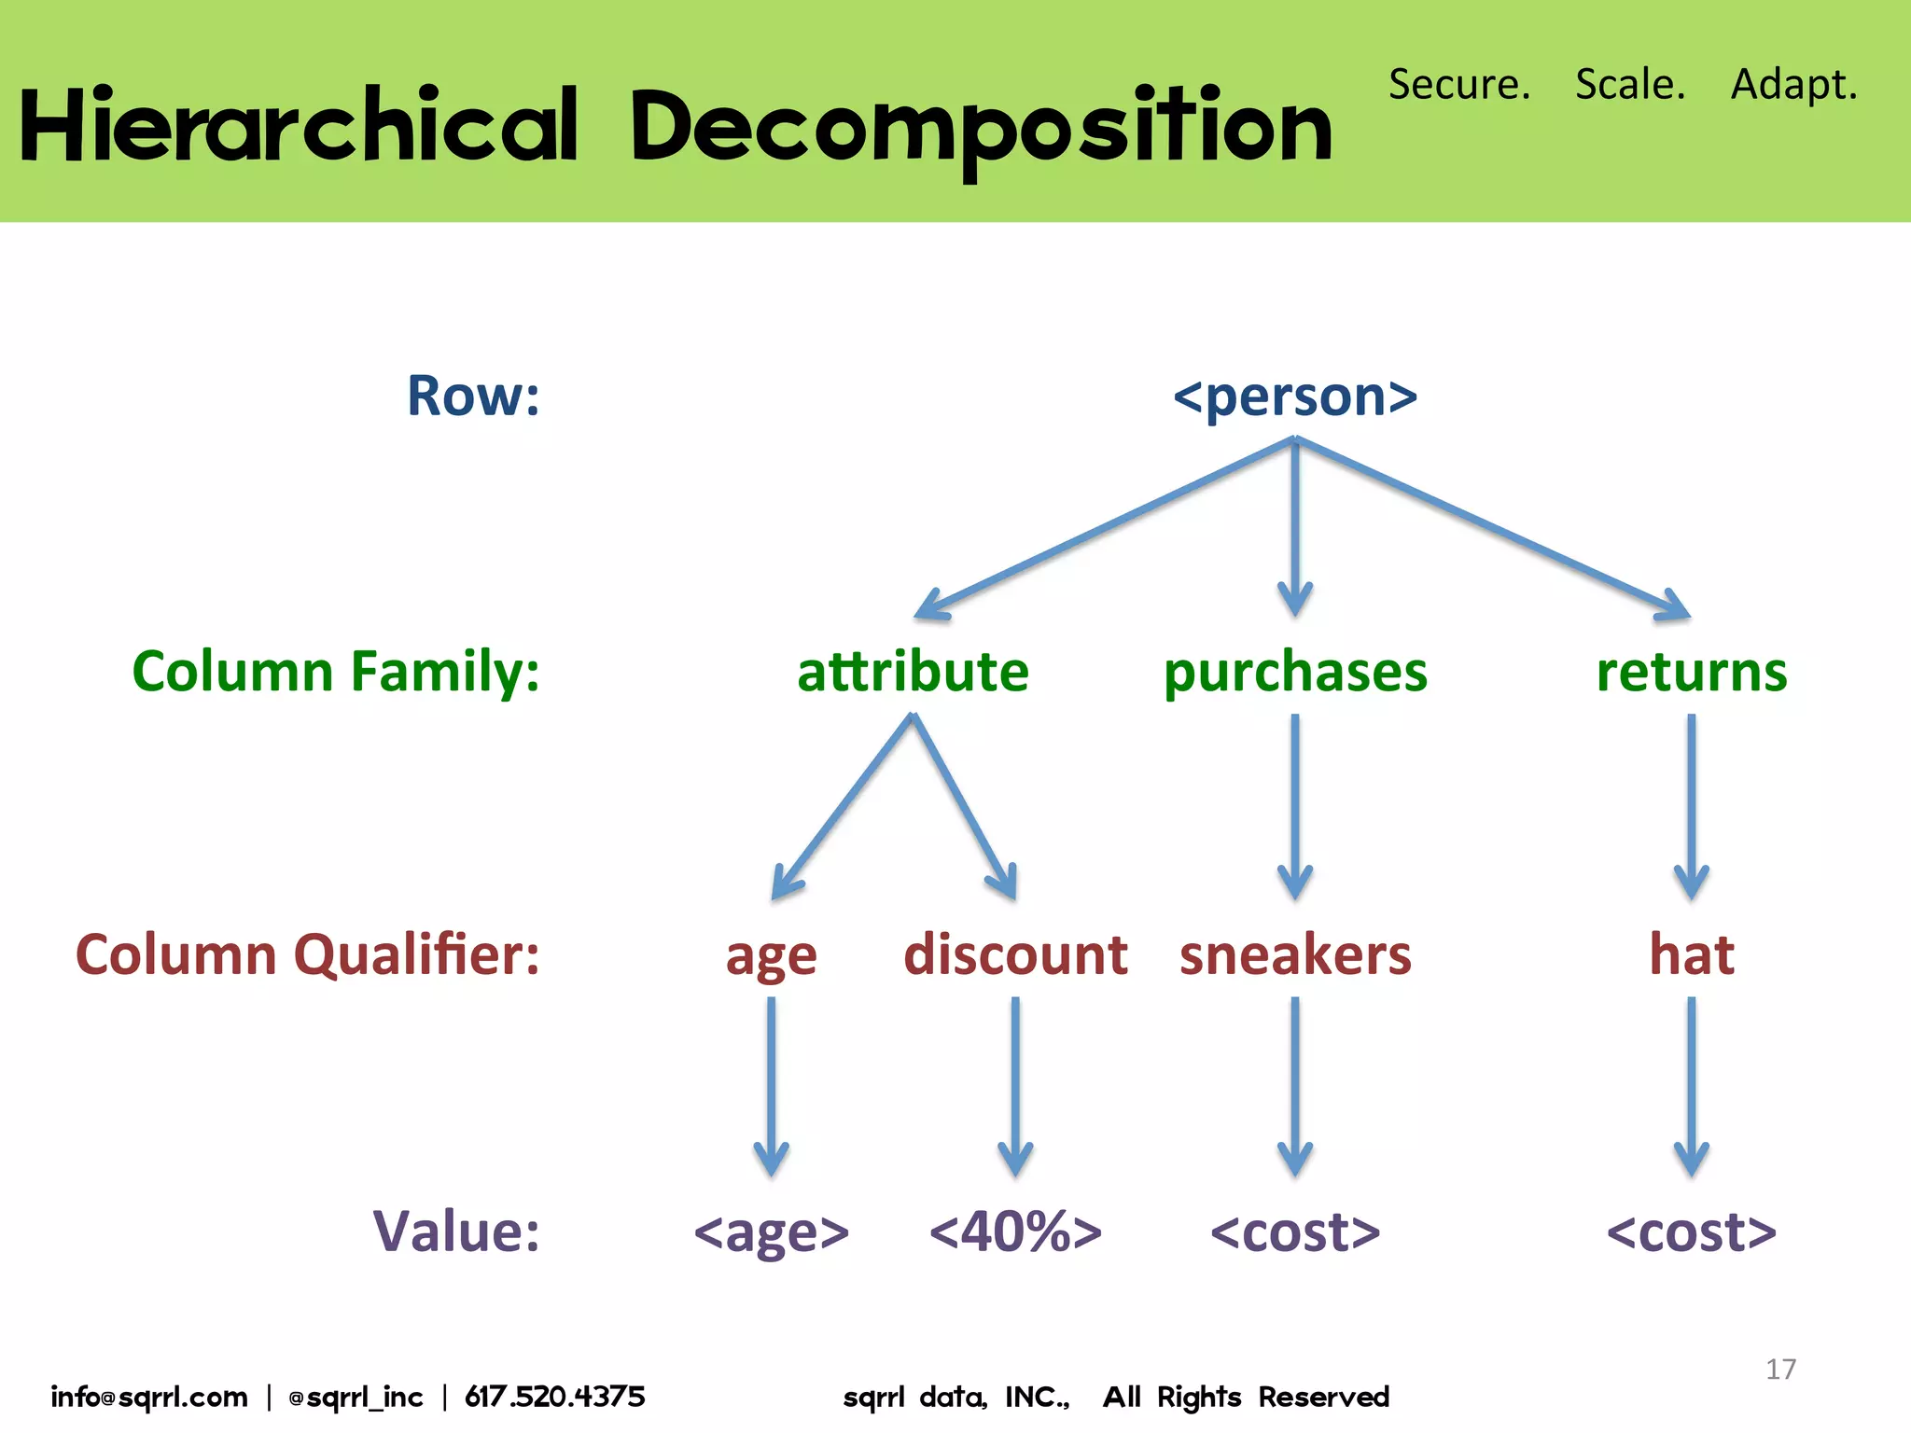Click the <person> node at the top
(1295, 397)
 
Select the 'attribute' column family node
(913, 672)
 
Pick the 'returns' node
(1691, 672)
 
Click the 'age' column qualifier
(771, 957)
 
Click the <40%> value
(1015, 1231)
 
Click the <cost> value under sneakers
(1295, 1231)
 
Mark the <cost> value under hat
(1691, 1231)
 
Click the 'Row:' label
(473, 396)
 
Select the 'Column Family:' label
(336, 672)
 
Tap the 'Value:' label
(455, 1231)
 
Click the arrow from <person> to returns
(1493, 528)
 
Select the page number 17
(1780, 1369)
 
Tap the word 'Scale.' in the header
(1630, 84)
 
